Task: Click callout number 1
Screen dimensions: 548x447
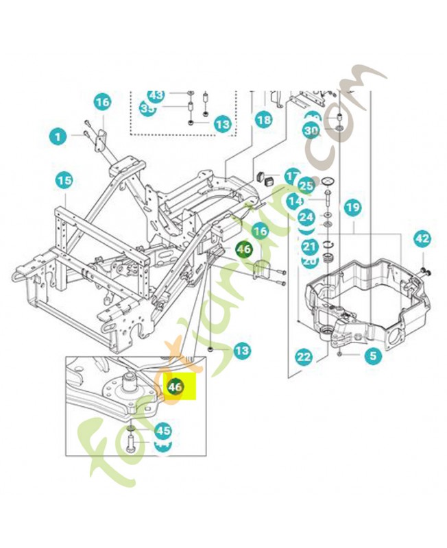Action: click(x=58, y=136)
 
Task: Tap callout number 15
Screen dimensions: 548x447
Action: click(x=64, y=182)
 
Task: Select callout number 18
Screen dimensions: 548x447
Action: click(x=264, y=119)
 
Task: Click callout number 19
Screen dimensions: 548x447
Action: click(x=352, y=206)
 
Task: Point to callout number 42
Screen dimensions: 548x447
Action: click(x=422, y=239)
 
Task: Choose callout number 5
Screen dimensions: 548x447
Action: click(x=372, y=356)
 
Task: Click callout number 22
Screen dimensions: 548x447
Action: click(x=304, y=356)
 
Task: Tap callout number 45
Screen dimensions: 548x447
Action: click(x=162, y=431)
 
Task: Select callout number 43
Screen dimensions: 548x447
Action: click(x=156, y=95)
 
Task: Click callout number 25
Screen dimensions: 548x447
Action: click(x=306, y=185)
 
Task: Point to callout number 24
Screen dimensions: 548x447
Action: click(x=306, y=217)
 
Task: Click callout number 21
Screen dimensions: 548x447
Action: click(x=309, y=247)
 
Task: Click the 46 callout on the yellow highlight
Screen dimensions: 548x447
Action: click(x=176, y=387)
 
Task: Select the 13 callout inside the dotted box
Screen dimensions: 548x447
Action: click(x=221, y=125)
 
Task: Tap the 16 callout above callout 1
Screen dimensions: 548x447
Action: click(x=102, y=103)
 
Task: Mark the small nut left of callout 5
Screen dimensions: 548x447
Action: click(x=340, y=354)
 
